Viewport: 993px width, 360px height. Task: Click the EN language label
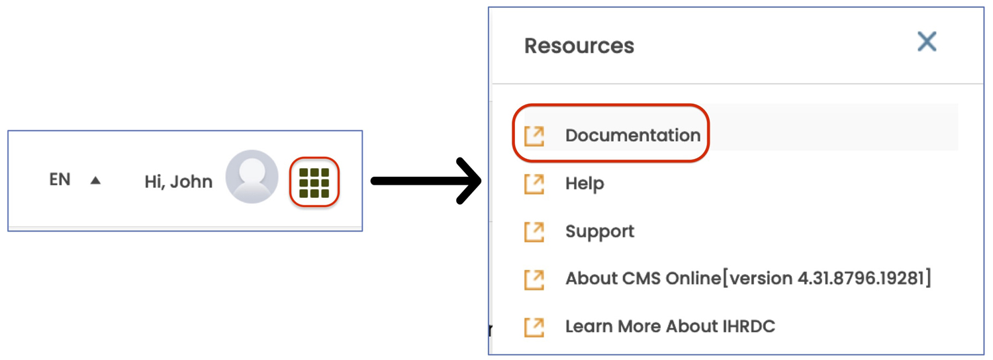click(x=60, y=179)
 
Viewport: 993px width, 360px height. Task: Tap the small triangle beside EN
click(x=95, y=181)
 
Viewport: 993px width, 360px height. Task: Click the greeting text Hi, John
click(x=178, y=182)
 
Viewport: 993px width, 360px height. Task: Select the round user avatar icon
click(x=252, y=177)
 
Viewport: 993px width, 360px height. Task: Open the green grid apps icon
click(x=314, y=182)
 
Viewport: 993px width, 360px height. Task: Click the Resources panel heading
click(x=579, y=46)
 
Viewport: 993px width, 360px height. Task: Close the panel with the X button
click(x=927, y=41)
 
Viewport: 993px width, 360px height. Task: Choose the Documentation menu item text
click(x=633, y=135)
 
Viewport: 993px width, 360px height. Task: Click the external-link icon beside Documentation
click(x=534, y=136)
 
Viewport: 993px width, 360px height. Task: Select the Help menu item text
click(x=585, y=183)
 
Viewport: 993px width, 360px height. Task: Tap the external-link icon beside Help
click(x=534, y=184)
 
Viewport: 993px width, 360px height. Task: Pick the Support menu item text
click(x=600, y=232)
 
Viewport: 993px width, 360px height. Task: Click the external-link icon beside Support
click(x=534, y=232)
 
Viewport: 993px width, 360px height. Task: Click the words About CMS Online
click(x=643, y=279)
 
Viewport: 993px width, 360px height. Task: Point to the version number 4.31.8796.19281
click(x=861, y=279)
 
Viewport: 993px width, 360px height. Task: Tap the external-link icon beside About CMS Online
click(x=534, y=280)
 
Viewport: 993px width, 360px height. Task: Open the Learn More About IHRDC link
click(x=670, y=326)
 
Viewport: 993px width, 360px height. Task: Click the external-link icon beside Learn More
click(x=534, y=328)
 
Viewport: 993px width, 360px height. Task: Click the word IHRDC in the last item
click(x=749, y=326)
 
